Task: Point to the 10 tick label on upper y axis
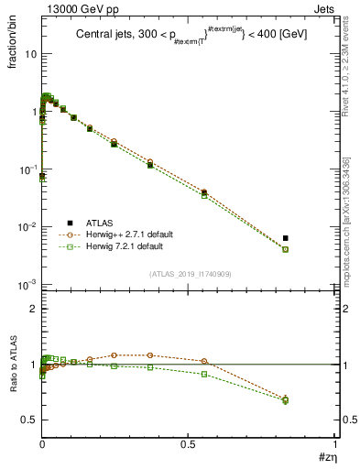30,53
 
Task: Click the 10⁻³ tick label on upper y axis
27,285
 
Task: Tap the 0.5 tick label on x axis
190,444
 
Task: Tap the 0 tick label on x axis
42,444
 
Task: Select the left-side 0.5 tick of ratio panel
30,420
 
